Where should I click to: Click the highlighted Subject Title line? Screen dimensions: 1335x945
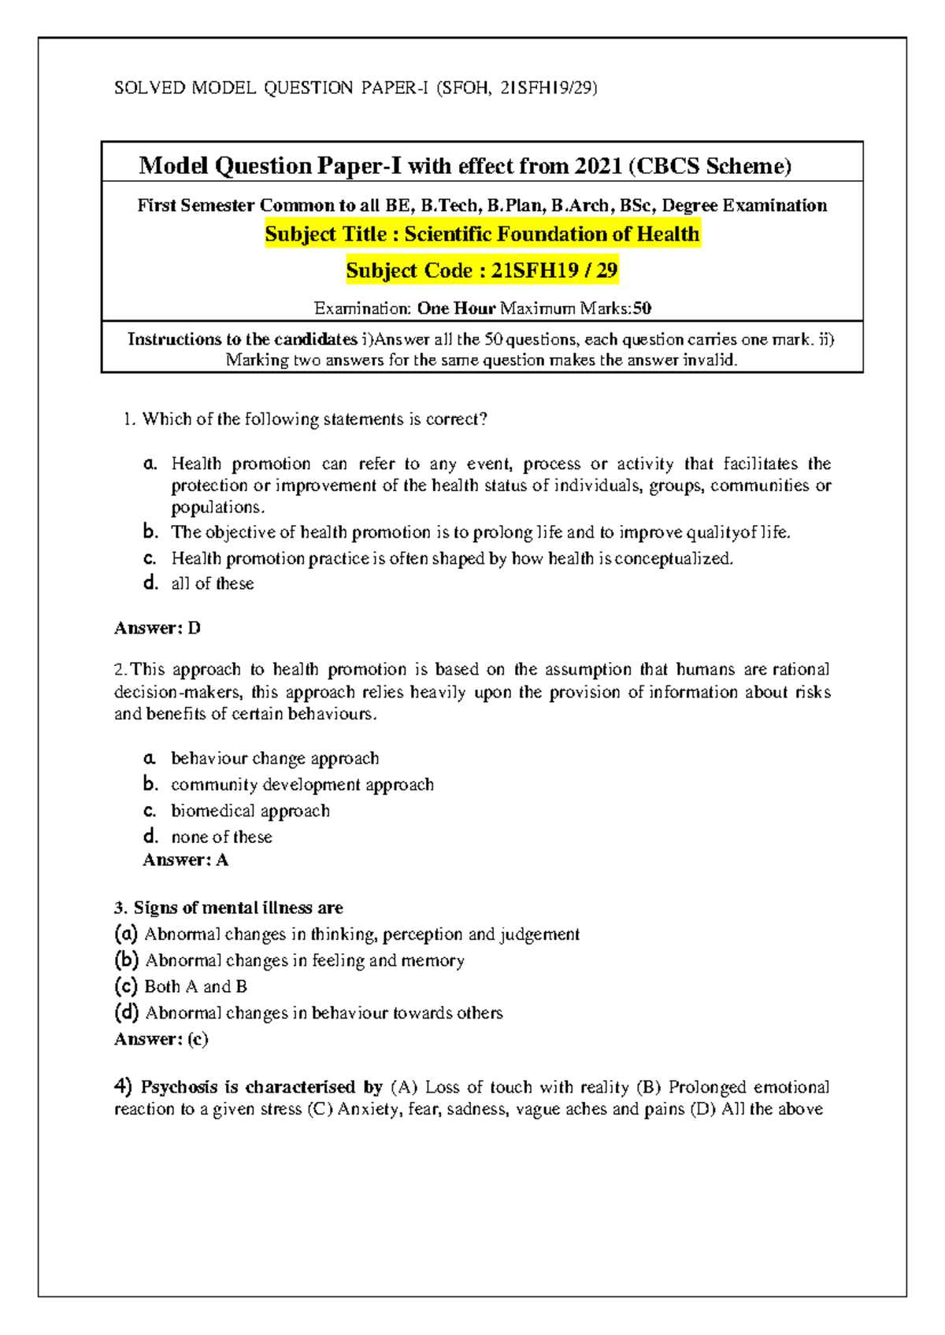pos(482,235)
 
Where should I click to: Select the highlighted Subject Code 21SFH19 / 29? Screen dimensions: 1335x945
pos(482,271)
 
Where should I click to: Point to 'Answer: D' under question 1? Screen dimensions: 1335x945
pos(157,628)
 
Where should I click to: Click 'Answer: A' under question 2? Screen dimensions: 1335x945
pos(186,860)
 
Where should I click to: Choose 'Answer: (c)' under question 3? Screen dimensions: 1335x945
pos(161,1039)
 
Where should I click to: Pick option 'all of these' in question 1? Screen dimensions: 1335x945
pos(213,584)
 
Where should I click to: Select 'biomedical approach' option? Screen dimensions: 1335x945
pos(250,811)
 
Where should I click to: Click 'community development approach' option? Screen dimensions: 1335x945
pos(302,785)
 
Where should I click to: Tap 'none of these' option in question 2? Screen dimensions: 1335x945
pos(222,837)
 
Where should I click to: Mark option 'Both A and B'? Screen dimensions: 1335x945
pos(195,986)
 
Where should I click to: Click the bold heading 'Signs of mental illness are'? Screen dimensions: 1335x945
pos(238,908)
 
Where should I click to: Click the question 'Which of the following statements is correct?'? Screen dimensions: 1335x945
pos(314,419)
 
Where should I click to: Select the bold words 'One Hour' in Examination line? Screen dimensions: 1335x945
pos(456,309)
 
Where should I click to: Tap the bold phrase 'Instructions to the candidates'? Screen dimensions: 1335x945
pos(243,339)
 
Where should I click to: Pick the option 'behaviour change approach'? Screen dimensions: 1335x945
pos(275,759)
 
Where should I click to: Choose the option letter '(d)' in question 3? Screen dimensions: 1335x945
pos(127,1012)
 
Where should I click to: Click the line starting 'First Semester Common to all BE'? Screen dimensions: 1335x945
pos(482,205)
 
